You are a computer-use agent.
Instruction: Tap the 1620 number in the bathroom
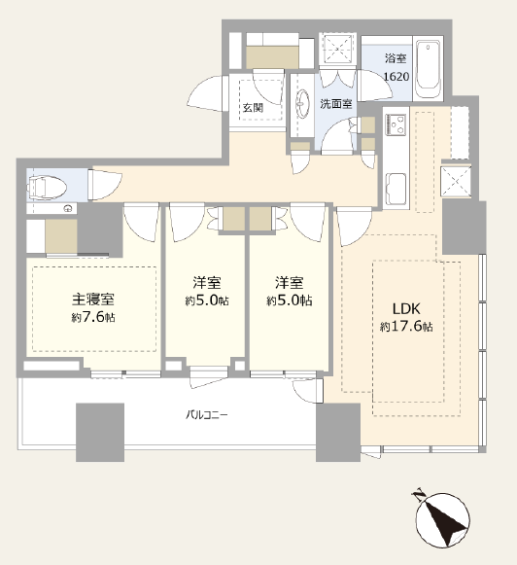tap(396, 77)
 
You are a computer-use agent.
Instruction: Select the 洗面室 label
tap(336, 104)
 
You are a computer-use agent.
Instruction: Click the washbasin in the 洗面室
tap(302, 103)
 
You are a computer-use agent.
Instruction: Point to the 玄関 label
tap(253, 107)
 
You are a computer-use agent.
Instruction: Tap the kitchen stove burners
tap(396, 124)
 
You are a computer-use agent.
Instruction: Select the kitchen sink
tap(396, 190)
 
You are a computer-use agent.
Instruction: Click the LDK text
tap(406, 309)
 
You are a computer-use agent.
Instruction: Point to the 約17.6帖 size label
tap(406, 327)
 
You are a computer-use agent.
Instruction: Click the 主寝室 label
tap(93, 300)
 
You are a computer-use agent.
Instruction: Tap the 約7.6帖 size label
tap(93, 317)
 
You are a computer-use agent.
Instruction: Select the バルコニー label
tap(207, 415)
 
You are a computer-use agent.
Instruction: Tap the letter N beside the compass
tap(418, 495)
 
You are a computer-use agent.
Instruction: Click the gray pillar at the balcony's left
tap(100, 433)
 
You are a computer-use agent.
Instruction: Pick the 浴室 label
tap(396, 58)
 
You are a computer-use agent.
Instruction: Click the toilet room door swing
tap(105, 185)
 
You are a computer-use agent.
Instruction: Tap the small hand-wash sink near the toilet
tap(68, 208)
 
